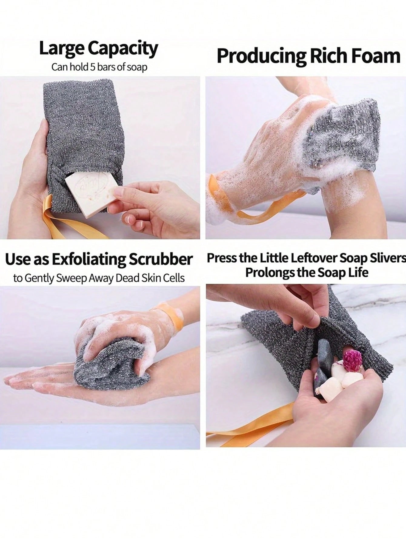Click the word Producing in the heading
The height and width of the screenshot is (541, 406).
[x=258, y=57]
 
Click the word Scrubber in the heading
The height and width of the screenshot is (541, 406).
[x=161, y=259]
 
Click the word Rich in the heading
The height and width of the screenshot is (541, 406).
[x=324, y=56]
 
